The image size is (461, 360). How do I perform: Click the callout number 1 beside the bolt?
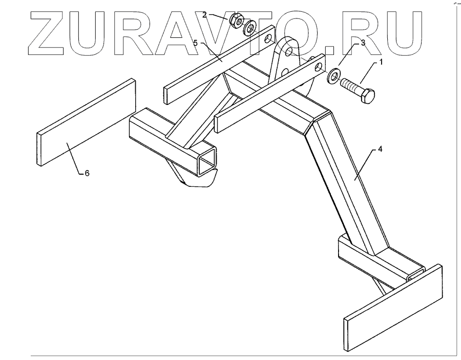381,62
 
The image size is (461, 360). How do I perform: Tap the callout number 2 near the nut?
204,15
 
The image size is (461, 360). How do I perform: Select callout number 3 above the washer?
363,44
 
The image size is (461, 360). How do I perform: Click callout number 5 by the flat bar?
196,42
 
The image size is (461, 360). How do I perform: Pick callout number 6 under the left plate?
87,174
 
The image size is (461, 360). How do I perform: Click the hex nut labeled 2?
236,21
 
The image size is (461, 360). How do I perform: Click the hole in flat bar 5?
268,38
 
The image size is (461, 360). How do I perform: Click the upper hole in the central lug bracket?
289,52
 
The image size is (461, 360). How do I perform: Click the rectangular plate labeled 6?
86,122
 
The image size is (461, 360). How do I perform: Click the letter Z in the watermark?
51,33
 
